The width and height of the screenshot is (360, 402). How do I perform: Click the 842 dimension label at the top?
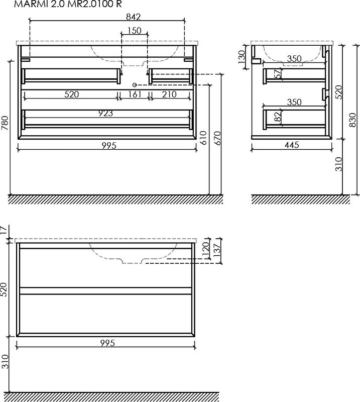pyautogui.click(x=134, y=17)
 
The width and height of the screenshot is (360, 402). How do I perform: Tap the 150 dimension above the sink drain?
pyautogui.click(x=135, y=31)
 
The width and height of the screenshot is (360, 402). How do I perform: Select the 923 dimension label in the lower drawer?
pyautogui.click(x=105, y=113)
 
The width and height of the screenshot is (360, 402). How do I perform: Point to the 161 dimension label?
pyautogui.click(x=135, y=94)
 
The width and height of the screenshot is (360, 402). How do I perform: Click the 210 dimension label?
pyautogui.click(x=169, y=94)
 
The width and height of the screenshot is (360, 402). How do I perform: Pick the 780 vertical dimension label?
pyautogui.click(x=5, y=123)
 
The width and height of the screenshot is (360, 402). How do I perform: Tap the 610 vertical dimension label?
pyautogui.click(x=203, y=138)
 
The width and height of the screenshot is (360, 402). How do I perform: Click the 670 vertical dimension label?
pyautogui.click(x=217, y=138)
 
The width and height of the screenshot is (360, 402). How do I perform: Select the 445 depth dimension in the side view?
pyautogui.click(x=292, y=145)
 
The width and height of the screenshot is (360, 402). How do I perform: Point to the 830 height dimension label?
pyautogui.click(x=352, y=120)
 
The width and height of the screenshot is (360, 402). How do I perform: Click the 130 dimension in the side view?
pyautogui.click(x=242, y=57)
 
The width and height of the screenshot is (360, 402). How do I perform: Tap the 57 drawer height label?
pyautogui.click(x=278, y=74)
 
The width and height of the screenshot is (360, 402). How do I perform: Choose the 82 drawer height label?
pyautogui.click(x=278, y=118)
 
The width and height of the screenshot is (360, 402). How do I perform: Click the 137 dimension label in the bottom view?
pyautogui.click(x=217, y=250)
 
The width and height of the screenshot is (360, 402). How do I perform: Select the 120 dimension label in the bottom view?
pyautogui.click(x=206, y=249)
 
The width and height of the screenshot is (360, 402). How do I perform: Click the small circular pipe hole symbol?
pyautogui.click(x=135, y=85)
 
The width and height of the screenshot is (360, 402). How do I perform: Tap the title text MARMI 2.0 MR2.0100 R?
pyautogui.click(x=68, y=4)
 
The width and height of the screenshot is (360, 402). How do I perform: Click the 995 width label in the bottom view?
pyautogui.click(x=107, y=343)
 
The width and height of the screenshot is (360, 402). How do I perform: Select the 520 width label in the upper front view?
pyautogui.click(x=71, y=94)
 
